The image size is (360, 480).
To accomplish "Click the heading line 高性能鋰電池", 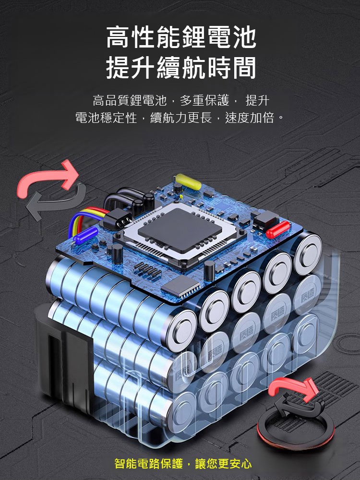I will (x=181, y=38).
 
